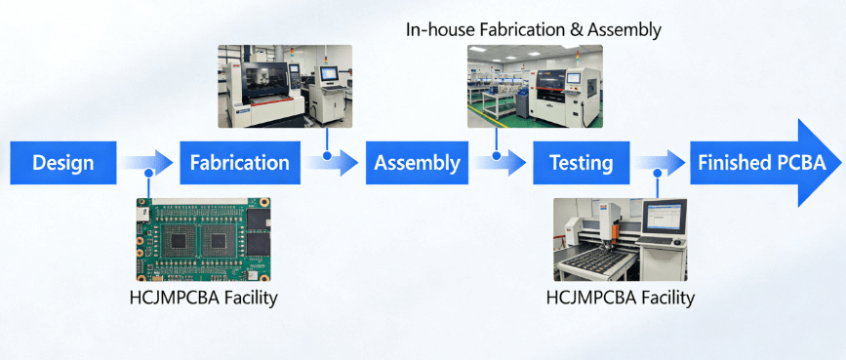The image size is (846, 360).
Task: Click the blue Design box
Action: (62, 163)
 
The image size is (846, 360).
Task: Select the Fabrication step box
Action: (239, 163)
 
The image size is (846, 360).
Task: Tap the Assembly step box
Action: (417, 163)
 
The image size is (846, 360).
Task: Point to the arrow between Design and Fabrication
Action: (148, 163)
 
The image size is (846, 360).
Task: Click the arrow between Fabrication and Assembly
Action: (331, 163)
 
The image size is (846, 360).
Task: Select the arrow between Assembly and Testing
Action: (500, 163)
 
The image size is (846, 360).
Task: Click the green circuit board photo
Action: (203, 239)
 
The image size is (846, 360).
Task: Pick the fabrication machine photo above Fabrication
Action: (286, 86)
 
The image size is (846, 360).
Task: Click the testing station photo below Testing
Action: (620, 239)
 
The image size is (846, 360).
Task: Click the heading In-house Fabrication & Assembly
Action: (534, 30)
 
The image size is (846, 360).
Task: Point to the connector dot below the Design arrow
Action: (148, 174)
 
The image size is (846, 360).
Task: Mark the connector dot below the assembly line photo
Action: (497, 153)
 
